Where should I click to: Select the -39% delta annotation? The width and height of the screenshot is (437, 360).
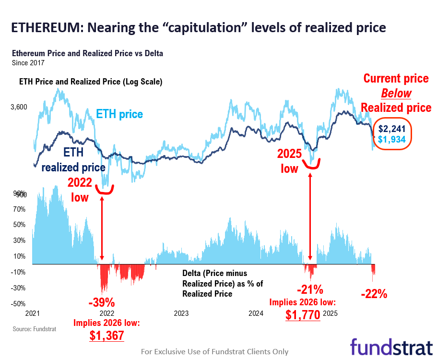click(101, 303)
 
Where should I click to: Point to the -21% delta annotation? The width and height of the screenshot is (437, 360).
click(309, 290)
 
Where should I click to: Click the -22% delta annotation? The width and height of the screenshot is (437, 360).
click(374, 294)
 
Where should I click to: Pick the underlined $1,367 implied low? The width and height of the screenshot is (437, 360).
click(106, 335)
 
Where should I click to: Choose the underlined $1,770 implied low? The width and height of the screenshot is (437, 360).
click(303, 315)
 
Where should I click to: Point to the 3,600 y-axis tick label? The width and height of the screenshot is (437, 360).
click(20, 107)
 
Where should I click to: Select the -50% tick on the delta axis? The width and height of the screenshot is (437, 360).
click(19, 303)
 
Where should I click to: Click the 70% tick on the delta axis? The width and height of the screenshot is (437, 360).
click(19, 209)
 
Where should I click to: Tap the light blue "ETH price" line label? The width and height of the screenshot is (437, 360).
click(119, 114)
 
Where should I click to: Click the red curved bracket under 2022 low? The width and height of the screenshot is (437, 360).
click(105, 191)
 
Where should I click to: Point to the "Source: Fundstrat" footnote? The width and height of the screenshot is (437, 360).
click(30, 329)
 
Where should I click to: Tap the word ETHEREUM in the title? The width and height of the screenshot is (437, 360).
click(44, 27)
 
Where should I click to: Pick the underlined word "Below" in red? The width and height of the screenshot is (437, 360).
click(396, 93)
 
